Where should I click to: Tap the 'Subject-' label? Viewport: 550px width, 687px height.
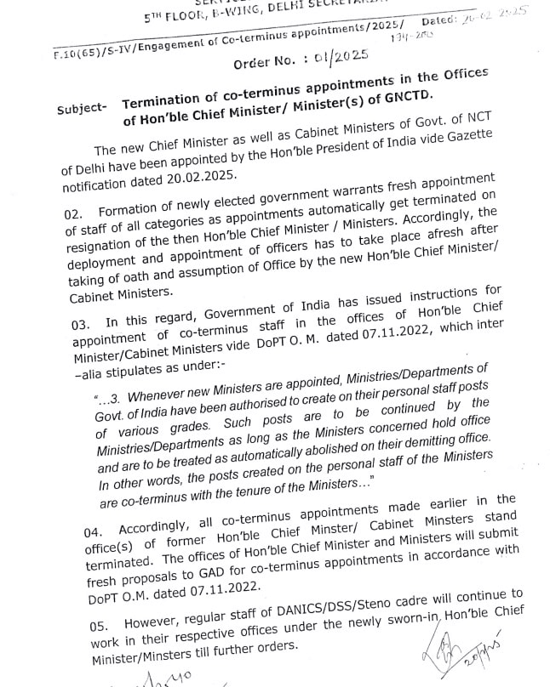[x=82, y=109]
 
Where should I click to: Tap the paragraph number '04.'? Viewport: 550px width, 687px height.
[x=95, y=529]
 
